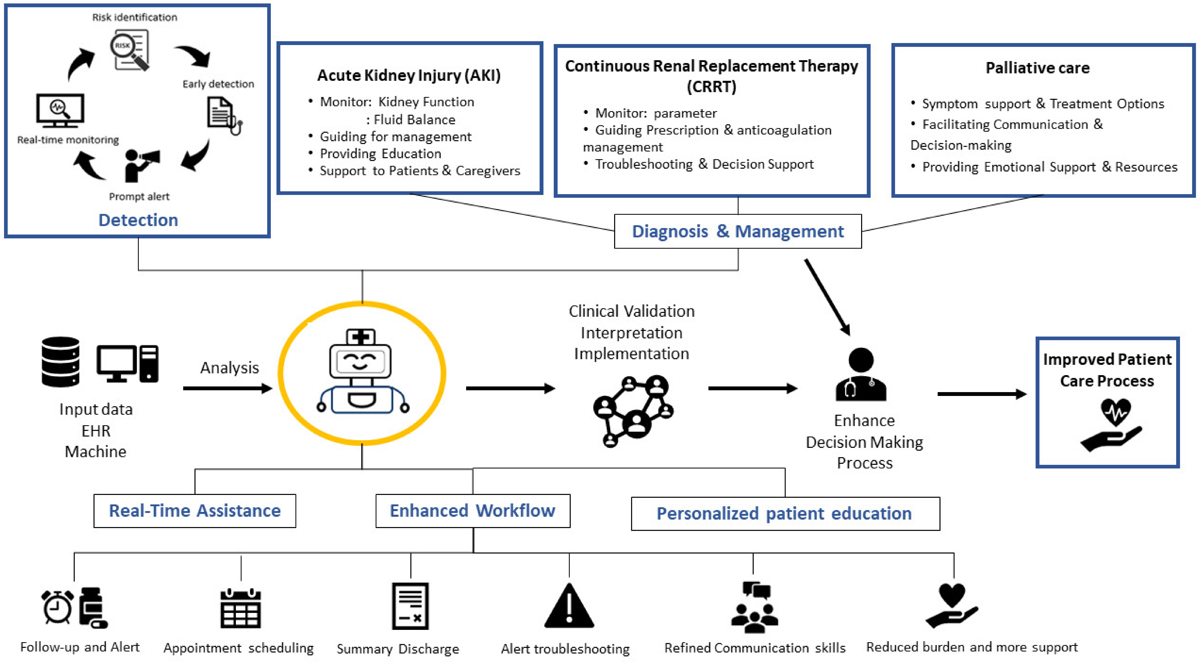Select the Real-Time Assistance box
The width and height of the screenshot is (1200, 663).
pos(195,511)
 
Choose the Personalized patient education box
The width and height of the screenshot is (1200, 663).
pos(785,514)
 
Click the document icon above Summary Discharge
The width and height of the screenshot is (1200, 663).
pos(410,606)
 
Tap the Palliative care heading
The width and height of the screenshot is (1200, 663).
pos(1037,68)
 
